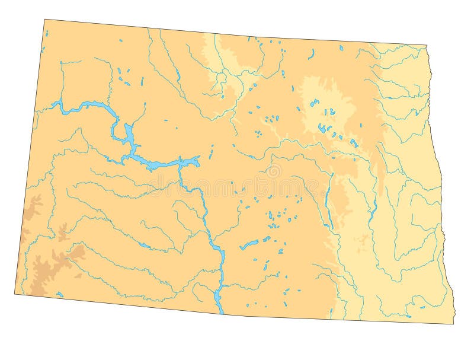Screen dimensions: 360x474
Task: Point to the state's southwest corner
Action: point(15,292)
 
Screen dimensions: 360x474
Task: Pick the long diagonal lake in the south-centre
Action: point(248,245)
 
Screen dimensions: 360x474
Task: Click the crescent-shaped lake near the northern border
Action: point(311,54)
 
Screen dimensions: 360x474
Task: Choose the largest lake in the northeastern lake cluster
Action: point(323,128)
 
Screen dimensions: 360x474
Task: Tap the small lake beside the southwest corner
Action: point(59,294)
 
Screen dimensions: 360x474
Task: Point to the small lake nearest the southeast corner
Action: point(423,306)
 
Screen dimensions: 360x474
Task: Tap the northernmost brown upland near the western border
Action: point(34,205)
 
